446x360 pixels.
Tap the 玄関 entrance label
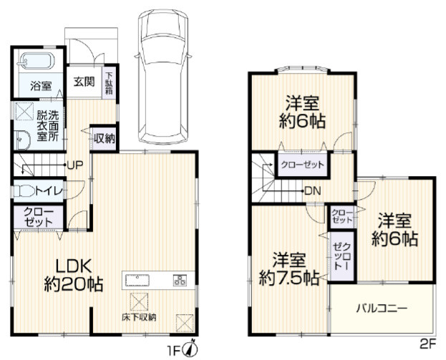coord(84,82)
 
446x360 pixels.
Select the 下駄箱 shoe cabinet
coord(110,83)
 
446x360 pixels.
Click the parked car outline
coord(163,76)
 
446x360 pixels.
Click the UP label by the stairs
coord(74,165)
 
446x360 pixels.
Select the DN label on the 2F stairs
coord(313,191)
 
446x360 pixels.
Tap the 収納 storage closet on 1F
coord(105,139)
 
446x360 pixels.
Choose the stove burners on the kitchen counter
coord(180,280)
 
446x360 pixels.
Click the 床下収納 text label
coord(139,317)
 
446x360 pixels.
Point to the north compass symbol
coord(191,348)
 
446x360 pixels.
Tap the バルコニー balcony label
coord(382,308)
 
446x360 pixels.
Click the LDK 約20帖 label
coord(74,276)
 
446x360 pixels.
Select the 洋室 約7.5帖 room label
coord(289,269)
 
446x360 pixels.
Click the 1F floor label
coord(173,350)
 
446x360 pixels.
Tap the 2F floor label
coord(427,345)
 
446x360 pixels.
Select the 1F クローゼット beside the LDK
coord(38,217)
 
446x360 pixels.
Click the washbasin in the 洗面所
coord(22,140)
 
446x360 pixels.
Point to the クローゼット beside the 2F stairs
coord(302,165)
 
